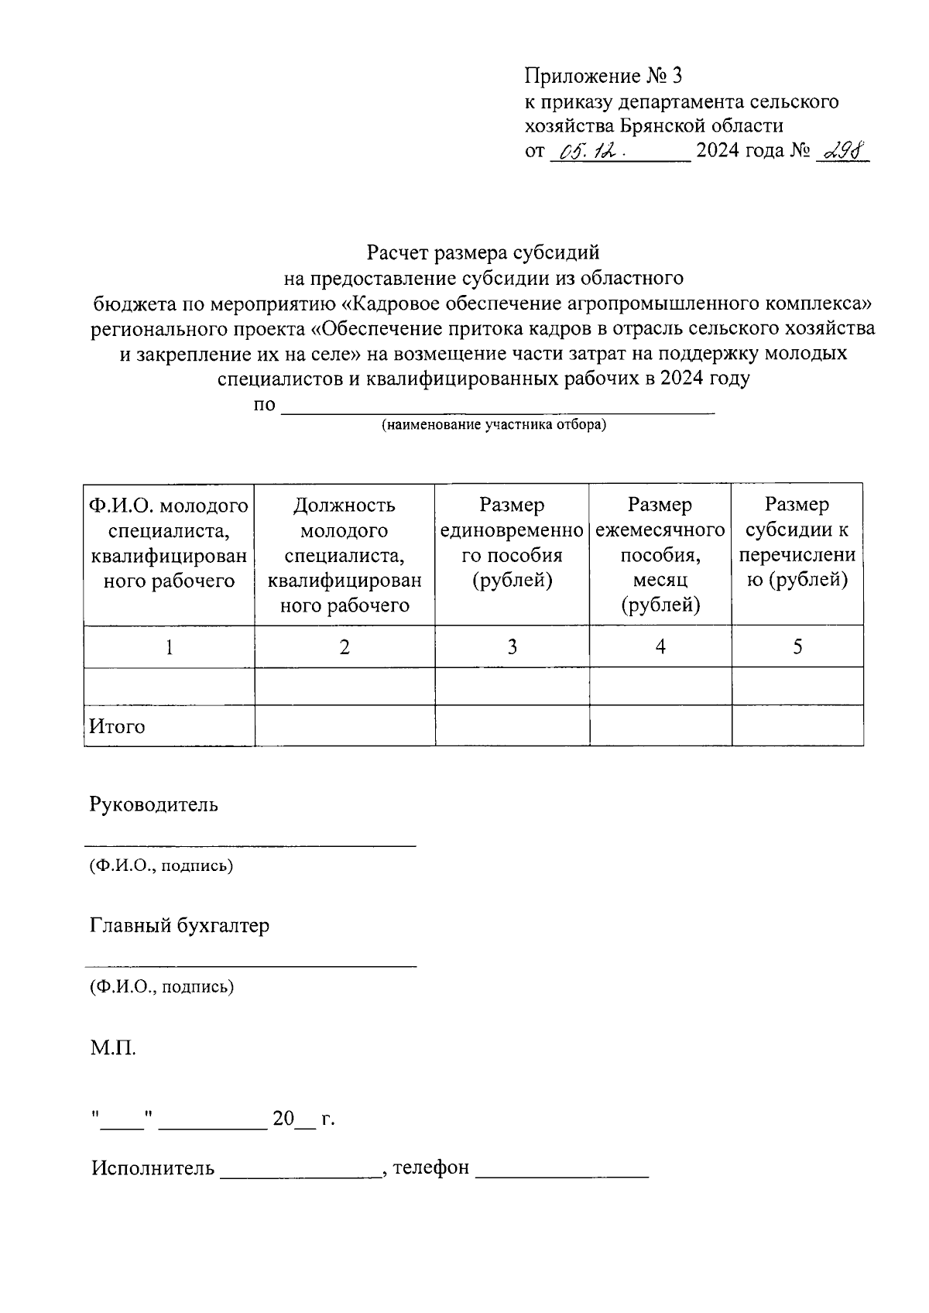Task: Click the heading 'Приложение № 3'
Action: click(604, 76)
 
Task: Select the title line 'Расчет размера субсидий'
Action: click(483, 252)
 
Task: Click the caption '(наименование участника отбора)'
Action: click(493, 425)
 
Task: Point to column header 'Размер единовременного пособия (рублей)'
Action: click(511, 543)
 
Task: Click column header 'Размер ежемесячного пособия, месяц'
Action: click(660, 554)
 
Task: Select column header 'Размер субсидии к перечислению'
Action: click(797, 543)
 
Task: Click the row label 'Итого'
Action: click(117, 727)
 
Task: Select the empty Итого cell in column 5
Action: click(797, 726)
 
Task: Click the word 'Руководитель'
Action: click(154, 805)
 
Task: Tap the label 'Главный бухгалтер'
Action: click(180, 926)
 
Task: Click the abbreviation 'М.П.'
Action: click(113, 1050)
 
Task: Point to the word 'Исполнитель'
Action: click(153, 1168)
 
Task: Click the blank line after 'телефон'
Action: click(561, 1171)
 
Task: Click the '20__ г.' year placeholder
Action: click(303, 1119)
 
